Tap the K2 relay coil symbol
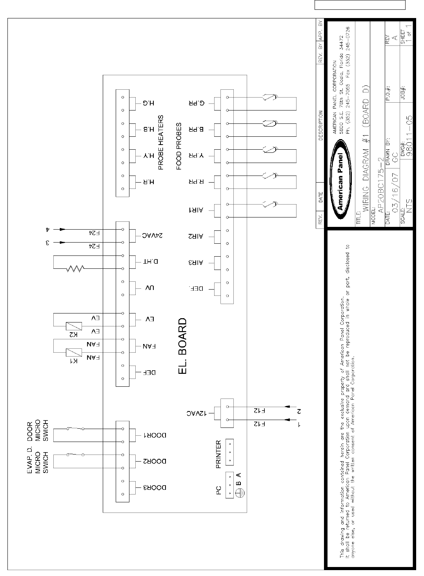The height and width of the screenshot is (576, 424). click(74, 326)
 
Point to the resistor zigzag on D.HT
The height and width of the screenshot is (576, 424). click(75, 269)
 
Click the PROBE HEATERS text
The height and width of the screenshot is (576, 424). click(161, 143)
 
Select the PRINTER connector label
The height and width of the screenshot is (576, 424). click(219, 455)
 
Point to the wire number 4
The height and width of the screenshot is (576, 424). click(47, 229)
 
